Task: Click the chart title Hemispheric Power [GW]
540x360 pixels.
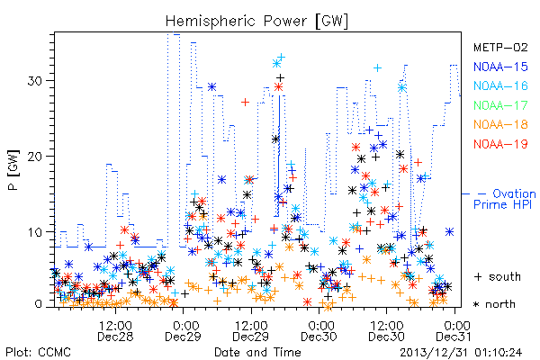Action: point(256,21)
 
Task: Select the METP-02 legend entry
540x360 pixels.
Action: point(500,47)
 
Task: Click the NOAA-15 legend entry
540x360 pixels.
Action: point(500,67)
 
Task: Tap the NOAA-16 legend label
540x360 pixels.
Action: point(500,85)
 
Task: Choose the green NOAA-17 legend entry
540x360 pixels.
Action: point(500,105)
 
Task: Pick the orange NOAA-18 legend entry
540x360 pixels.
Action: point(500,124)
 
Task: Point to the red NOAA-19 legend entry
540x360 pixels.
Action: point(500,144)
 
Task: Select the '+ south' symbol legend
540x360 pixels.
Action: point(498,276)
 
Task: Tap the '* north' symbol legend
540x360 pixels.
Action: point(494,304)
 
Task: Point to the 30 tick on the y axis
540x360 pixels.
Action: point(35,81)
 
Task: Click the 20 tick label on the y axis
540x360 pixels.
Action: point(35,157)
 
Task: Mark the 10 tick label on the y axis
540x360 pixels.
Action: point(35,232)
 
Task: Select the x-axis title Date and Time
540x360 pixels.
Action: point(257,353)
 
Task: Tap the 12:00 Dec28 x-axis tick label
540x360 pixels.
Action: point(115,331)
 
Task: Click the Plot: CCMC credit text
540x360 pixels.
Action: point(38,353)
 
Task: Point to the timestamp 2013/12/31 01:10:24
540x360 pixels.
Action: point(461,353)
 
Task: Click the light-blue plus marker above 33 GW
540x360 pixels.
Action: point(282,57)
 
